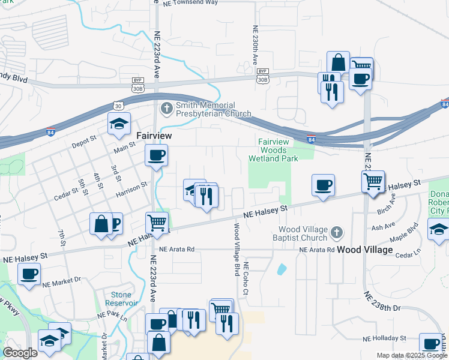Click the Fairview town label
(154, 136)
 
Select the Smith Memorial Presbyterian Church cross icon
(166, 109)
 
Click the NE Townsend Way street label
(190, 3)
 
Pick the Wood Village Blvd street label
(237, 248)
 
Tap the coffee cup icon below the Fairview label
(156, 157)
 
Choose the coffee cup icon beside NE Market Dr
(29, 275)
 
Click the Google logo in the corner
(20, 353)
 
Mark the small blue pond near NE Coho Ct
(281, 269)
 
